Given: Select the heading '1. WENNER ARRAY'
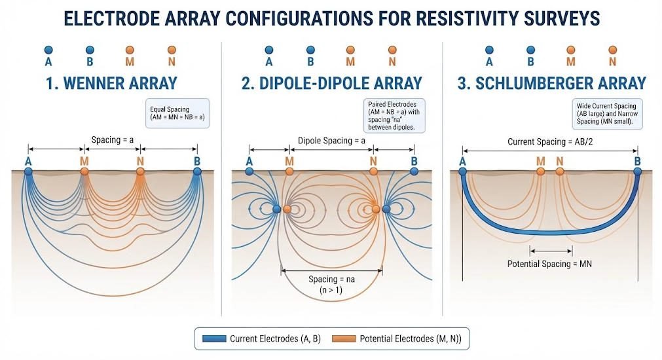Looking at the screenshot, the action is point(111,83).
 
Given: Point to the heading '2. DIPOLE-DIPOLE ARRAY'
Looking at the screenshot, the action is point(332,83).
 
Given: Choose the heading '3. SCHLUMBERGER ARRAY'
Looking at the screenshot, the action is point(552,83).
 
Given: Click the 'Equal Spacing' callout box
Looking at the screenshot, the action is point(177,113).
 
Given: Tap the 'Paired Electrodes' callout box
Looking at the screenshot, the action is point(394,116).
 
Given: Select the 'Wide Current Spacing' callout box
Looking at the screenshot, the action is point(607,114).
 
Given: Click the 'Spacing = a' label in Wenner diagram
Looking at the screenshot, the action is point(113,139).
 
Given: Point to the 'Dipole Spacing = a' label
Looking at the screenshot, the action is point(331,141).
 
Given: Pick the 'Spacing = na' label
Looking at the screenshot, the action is point(331,279).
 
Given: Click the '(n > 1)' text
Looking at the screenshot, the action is point(331,290).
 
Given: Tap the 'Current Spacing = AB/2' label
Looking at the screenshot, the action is point(549,142).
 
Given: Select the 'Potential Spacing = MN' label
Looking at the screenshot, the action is point(549,264).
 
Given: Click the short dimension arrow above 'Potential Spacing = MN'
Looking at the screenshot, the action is point(551,251).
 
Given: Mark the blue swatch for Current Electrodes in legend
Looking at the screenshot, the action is point(214,338).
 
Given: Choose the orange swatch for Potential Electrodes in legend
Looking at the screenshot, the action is point(344,338).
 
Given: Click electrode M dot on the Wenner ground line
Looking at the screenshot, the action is point(84,171).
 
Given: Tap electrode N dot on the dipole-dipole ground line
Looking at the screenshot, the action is point(373,171).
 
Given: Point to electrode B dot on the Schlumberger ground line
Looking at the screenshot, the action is point(638,171).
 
